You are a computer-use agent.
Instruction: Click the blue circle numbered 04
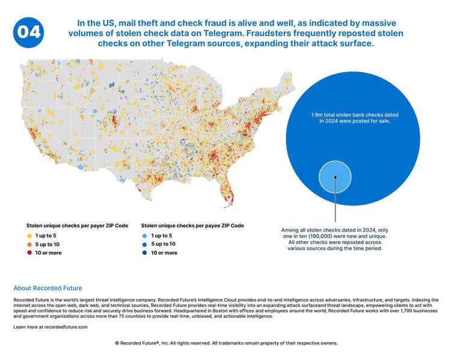(28, 32)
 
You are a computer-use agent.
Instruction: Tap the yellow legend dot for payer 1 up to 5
(29, 236)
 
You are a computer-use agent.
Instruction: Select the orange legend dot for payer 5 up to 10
(29, 245)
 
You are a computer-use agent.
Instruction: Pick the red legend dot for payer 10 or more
(29, 253)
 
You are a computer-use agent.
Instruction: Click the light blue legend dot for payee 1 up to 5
(145, 236)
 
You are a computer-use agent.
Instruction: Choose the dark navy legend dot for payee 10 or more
(145, 253)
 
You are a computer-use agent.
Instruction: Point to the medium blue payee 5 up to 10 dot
(145, 245)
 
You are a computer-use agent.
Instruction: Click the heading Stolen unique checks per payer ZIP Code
(77, 226)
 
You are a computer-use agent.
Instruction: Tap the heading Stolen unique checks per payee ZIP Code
(192, 226)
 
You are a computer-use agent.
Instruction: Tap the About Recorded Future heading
(48, 288)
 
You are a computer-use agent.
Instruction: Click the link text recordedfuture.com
(66, 327)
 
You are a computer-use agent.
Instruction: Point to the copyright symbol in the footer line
(117, 343)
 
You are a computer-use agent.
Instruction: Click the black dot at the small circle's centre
(335, 177)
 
